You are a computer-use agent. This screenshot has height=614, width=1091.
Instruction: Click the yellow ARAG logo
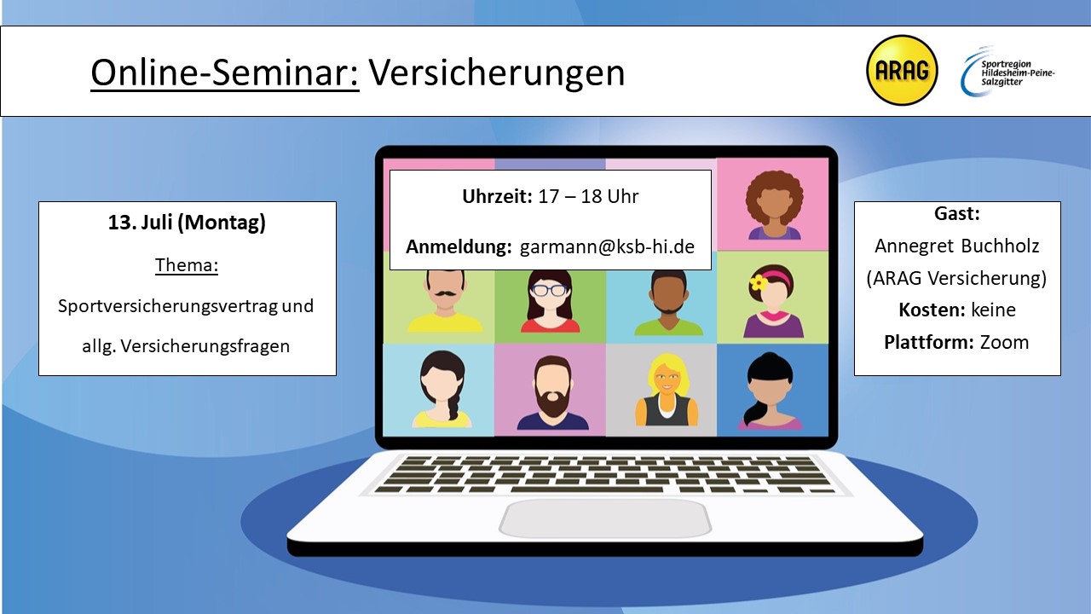902,70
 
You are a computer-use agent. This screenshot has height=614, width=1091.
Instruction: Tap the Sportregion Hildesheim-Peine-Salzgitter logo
1007,71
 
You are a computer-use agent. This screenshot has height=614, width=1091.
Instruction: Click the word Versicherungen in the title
496,73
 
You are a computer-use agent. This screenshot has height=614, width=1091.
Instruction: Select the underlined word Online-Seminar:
225,73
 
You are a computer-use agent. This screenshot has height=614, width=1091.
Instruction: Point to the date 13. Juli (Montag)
187,223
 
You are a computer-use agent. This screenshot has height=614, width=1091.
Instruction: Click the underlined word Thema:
187,265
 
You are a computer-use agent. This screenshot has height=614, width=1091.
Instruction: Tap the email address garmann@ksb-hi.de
607,246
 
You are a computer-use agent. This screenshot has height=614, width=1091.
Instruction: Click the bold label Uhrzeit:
497,196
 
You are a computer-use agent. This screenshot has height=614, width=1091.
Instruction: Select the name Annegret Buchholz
957,246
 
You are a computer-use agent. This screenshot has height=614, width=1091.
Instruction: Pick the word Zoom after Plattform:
1004,343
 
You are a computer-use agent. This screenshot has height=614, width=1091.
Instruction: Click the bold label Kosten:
932,310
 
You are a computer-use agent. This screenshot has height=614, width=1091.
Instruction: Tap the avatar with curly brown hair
774,205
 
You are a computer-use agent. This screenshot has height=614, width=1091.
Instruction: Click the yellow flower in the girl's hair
758,282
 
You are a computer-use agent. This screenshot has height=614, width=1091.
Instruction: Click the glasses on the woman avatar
550,291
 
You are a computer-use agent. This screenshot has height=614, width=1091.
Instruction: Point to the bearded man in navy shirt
552,393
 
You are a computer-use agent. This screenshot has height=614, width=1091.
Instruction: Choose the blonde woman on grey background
667,391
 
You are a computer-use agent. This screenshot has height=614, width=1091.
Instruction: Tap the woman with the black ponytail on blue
771,391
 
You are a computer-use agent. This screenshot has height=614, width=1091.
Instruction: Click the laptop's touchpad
605,518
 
